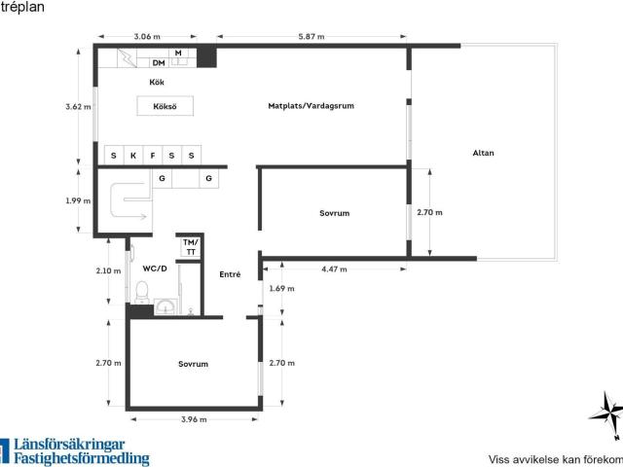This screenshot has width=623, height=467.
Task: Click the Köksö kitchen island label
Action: click(x=165, y=106)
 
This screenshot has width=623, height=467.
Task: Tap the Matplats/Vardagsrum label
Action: click(x=311, y=106)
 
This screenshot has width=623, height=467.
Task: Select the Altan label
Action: click(x=483, y=153)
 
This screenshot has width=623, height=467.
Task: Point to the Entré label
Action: click(x=230, y=274)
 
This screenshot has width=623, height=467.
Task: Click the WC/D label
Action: click(x=155, y=269)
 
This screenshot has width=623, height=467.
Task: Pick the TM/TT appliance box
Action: click(x=191, y=247)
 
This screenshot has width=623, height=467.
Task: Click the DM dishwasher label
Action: click(x=159, y=62)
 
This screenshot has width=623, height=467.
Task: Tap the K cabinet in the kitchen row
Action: click(x=133, y=156)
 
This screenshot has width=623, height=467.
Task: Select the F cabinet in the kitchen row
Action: click(x=153, y=156)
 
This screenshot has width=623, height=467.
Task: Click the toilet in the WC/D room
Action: click(x=142, y=293)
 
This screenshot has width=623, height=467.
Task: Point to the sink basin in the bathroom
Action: click(x=165, y=306)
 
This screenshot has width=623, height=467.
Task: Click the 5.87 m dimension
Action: click(x=311, y=37)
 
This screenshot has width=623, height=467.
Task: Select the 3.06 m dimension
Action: click(x=147, y=37)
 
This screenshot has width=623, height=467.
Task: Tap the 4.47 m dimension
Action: click(x=334, y=269)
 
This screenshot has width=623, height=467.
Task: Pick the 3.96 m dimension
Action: click(x=194, y=419)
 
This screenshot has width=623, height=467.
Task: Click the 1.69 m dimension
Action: click(x=281, y=288)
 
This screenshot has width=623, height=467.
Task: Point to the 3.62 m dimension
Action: click(x=78, y=106)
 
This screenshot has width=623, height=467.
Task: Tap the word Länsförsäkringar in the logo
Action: click(x=69, y=445)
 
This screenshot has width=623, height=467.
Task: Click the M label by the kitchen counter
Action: click(x=178, y=53)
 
